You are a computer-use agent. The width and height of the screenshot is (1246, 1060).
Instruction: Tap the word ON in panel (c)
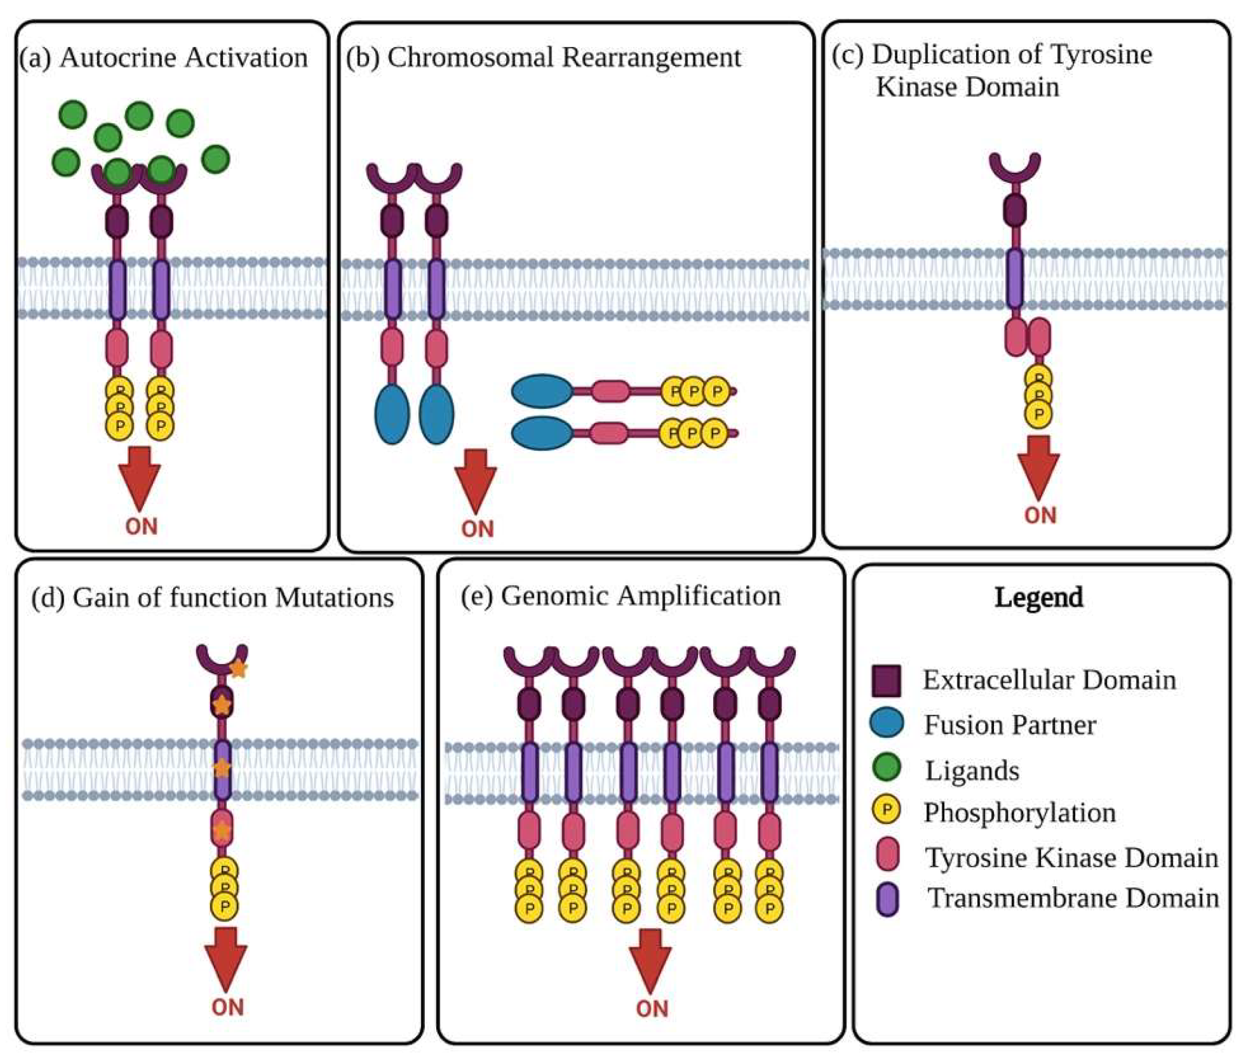(1040, 515)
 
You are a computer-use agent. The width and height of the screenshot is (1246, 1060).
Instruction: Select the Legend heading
(1038, 597)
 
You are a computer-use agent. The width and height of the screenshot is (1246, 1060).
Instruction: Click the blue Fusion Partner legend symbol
(886, 723)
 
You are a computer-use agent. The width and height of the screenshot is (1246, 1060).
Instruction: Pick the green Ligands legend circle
(886, 767)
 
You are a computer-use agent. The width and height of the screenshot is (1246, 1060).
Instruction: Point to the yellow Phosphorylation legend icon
(886, 810)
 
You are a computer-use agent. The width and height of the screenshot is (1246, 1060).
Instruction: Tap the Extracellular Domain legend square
(886, 680)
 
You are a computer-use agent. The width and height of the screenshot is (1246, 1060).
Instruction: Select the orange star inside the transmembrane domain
(222, 767)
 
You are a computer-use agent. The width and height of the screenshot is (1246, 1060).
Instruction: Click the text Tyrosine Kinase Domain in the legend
(1071, 858)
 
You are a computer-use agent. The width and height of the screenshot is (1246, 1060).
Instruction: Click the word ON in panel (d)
(228, 1008)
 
